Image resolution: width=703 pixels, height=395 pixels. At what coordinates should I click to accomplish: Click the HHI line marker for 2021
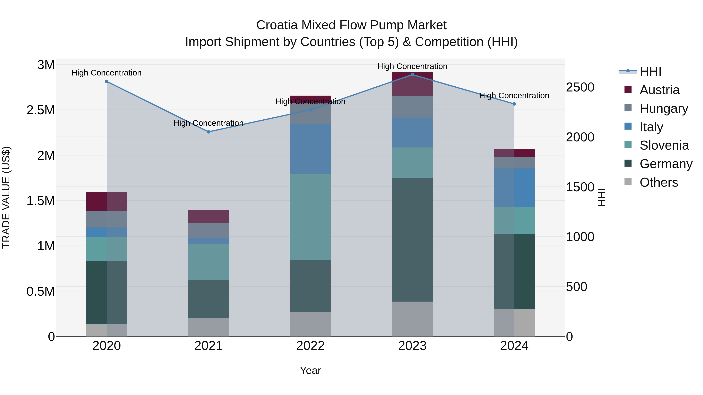tap(209, 132)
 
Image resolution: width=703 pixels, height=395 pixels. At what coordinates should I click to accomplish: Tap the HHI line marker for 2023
tap(412, 75)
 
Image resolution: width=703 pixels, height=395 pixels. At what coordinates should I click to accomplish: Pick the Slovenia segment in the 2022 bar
tap(310, 217)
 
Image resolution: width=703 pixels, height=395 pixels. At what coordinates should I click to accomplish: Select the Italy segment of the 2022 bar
tap(310, 149)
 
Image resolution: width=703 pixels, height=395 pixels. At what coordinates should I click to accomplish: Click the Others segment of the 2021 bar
tap(209, 327)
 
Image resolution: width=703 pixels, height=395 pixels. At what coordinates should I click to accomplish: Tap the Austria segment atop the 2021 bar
tap(209, 216)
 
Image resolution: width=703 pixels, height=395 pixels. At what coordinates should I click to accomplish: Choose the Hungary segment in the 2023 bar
tap(412, 107)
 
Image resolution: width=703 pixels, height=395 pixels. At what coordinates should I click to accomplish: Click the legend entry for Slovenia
tap(664, 145)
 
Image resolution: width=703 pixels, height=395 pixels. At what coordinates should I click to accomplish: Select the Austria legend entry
tap(659, 90)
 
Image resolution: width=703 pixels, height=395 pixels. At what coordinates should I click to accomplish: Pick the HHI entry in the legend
tap(650, 71)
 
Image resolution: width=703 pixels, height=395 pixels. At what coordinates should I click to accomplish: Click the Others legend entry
tap(658, 182)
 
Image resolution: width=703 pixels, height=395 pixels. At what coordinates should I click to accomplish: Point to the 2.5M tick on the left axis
tap(41, 110)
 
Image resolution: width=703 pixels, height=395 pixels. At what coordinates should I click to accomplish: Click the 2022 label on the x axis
tap(310, 346)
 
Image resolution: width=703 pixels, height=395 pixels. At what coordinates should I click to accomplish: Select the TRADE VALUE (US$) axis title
tap(6, 197)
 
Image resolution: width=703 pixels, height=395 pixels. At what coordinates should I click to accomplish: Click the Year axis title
tap(310, 370)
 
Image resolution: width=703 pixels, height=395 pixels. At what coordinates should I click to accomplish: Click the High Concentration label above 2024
tap(514, 96)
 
